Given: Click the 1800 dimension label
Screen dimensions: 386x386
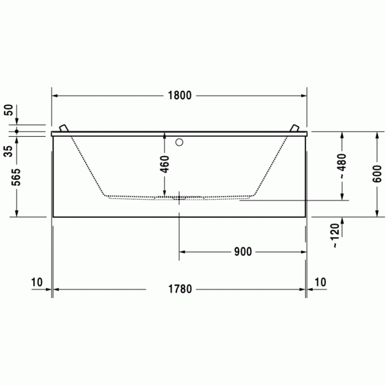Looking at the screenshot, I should (x=179, y=95).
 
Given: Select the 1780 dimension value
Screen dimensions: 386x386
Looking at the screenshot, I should (x=180, y=289).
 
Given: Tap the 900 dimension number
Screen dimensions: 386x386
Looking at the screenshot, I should (x=243, y=252).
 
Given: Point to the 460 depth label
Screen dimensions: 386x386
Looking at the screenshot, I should (x=164, y=164).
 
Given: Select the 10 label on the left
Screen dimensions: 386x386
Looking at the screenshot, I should (x=37, y=282).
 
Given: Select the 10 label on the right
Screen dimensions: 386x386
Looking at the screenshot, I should (x=320, y=282).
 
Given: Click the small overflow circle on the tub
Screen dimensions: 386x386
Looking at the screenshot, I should (x=178, y=142).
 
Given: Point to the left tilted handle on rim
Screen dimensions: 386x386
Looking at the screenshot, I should (x=65, y=128).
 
